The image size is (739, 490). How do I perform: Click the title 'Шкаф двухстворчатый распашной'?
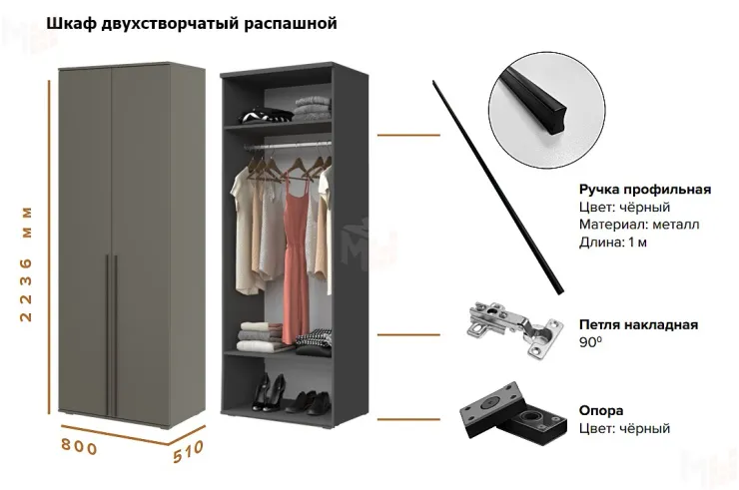192,24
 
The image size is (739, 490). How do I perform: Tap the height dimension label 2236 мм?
26,263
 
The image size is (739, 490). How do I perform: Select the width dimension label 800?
79,446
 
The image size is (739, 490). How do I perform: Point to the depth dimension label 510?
188,451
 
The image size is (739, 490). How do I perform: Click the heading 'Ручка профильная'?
645,190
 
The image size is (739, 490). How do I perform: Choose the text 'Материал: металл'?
639,225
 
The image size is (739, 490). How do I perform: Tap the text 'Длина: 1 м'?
613,243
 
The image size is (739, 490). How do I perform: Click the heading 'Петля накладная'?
638,324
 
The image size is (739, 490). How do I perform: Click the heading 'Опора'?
601,410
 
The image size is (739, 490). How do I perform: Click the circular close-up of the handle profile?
546,110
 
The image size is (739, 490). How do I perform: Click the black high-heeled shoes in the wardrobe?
268,392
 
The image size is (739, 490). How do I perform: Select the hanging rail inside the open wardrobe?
288,146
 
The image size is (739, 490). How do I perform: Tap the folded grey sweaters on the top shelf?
312,109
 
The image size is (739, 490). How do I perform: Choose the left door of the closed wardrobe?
85,241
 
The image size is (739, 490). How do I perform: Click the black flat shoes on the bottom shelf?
309,402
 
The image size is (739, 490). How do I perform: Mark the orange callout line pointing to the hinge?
408,335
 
